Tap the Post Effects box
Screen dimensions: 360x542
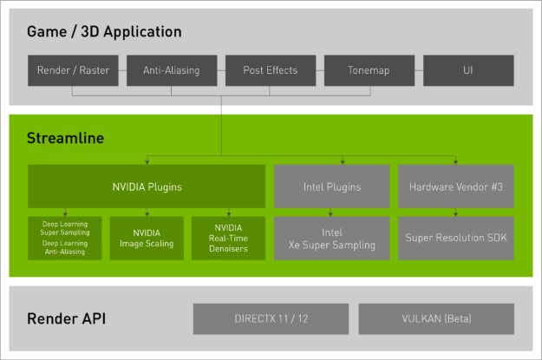click(270, 70)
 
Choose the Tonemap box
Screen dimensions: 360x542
click(369, 70)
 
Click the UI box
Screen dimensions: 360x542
click(468, 70)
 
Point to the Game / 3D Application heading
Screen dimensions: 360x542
click(104, 32)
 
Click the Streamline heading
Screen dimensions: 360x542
click(65, 139)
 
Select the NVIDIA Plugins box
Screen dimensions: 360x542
click(147, 186)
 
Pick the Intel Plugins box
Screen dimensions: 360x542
click(332, 186)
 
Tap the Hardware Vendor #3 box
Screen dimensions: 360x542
click(456, 186)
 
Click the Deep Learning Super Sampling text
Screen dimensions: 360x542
click(65, 228)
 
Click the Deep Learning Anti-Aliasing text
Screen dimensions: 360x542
click(65, 247)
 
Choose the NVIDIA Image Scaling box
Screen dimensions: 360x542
click(147, 238)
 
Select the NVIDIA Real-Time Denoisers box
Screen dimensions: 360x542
click(228, 238)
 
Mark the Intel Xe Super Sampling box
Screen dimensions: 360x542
click(332, 238)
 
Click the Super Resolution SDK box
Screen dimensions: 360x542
click(456, 238)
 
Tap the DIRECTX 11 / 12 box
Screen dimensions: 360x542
click(271, 318)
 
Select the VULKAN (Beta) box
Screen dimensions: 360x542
click(435, 318)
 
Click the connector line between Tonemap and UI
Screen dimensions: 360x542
click(419, 70)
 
